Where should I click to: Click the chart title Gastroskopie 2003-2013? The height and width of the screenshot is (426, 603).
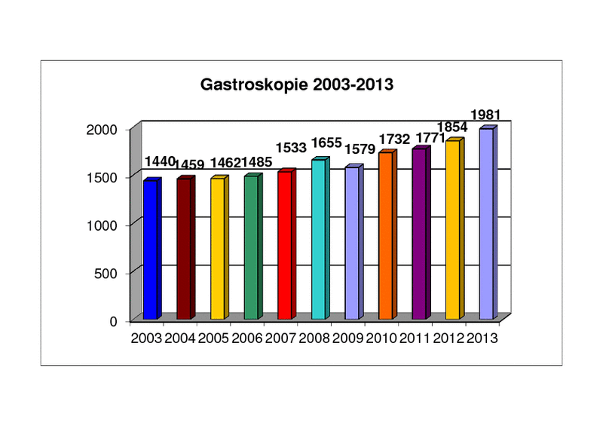[297, 84]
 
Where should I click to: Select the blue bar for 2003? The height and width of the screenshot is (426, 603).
[150, 249]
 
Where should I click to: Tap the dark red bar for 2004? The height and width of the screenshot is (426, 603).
[184, 248]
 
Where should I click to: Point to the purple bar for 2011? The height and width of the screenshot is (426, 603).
[419, 234]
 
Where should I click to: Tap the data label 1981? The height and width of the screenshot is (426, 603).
[485, 115]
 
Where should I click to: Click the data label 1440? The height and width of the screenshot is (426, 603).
[160, 161]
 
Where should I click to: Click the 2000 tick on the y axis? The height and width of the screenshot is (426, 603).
[103, 130]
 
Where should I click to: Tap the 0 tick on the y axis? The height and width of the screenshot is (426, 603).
[114, 321]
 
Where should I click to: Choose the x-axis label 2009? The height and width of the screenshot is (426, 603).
[349, 338]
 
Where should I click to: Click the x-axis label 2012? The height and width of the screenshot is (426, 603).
[449, 338]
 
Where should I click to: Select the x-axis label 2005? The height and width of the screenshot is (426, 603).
[214, 338]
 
